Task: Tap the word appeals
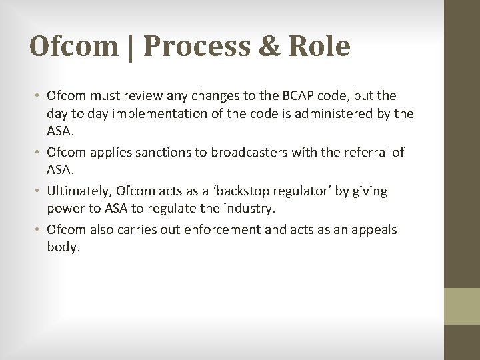pyautogui.click(x=373, y=229)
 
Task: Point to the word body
pyautogui.click(x=63, y=247)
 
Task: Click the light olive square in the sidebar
pyautogui.click(x=462, y=306)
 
